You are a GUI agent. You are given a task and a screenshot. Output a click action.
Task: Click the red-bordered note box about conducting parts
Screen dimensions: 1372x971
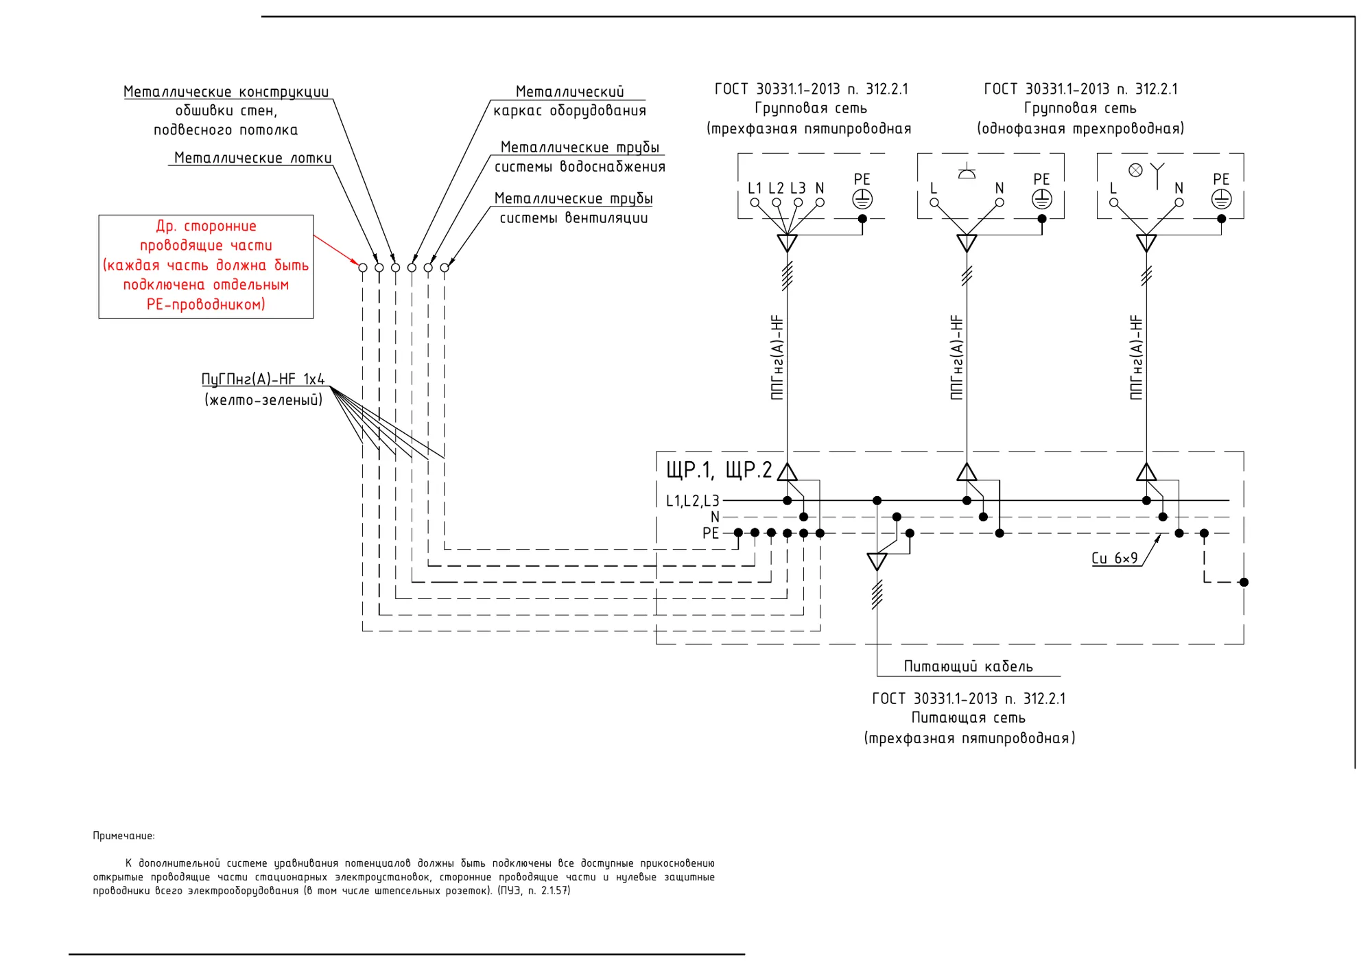206,215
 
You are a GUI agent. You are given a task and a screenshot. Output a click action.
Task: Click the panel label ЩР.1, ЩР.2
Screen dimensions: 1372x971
719,470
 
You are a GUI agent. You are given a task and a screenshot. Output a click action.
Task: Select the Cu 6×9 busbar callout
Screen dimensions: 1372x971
1114,558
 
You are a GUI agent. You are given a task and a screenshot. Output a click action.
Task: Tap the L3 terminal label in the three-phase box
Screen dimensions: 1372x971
798,188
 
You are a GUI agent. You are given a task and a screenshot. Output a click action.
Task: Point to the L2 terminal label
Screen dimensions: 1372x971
776,188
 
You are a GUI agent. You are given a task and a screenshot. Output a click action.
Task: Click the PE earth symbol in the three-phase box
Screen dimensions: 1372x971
862,199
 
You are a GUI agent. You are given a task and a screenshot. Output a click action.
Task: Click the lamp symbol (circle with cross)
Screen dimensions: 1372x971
1135,170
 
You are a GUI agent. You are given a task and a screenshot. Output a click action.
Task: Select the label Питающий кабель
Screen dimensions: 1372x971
968,666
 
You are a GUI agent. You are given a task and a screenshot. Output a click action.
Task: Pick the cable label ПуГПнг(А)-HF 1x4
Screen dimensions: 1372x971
263,379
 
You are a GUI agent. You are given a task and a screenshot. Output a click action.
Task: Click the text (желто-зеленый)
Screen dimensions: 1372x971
263,399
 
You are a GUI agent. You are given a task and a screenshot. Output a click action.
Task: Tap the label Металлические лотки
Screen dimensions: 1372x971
252,158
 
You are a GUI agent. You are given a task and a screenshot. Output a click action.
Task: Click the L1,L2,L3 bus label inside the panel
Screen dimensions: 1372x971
693,501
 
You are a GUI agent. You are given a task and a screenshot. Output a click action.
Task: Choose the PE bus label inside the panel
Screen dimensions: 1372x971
711,533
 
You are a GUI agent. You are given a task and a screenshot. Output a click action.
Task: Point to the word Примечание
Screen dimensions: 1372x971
123,836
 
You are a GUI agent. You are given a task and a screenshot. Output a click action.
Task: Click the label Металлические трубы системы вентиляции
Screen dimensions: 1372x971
573,208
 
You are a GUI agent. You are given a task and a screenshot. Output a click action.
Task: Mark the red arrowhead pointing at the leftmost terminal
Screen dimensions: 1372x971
354,261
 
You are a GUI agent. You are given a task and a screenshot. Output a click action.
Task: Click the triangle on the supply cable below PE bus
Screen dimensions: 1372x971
877,562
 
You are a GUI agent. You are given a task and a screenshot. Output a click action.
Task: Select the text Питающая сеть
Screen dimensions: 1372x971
968,718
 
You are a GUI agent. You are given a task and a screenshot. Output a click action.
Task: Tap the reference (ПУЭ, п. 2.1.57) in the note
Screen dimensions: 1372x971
534,891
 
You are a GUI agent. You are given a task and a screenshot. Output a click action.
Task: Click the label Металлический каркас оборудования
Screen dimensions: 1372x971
569,101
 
